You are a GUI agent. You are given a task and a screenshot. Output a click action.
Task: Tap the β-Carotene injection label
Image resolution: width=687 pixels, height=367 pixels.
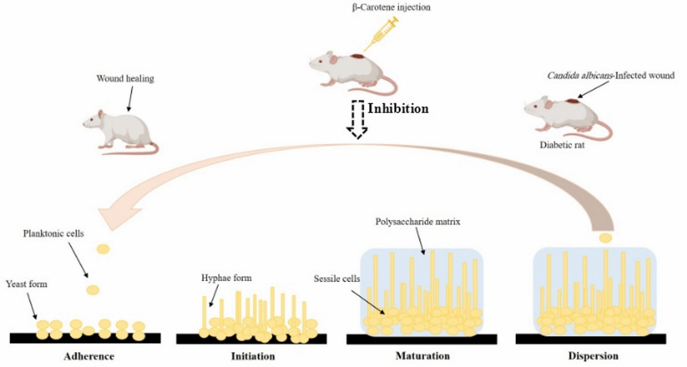(391, 8)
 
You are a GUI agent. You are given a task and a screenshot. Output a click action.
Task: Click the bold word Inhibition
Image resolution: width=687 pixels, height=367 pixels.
(398, 109)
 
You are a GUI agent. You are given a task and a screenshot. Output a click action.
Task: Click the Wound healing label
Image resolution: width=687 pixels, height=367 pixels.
(125, 78)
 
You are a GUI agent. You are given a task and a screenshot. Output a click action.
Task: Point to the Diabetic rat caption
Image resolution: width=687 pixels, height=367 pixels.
(562, 145)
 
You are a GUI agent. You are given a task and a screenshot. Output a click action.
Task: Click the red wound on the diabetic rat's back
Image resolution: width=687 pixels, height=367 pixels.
(571, 101)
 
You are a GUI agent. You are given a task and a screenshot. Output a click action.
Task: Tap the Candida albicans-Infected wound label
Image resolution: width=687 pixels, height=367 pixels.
(610, 76)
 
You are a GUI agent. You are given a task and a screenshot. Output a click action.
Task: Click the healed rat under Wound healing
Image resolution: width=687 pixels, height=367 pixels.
(120, 131)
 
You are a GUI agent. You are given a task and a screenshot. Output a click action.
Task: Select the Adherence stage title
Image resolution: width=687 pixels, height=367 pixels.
(89, 356)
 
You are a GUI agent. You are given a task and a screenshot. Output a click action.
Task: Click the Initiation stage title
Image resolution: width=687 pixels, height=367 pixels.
(253, 356)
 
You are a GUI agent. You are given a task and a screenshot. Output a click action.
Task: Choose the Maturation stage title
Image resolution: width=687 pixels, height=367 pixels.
(423, 356)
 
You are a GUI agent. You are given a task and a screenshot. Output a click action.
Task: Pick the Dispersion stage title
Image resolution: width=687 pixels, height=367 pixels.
(593, 356)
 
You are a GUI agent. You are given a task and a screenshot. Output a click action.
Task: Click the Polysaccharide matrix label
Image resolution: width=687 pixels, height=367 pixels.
(418, 222)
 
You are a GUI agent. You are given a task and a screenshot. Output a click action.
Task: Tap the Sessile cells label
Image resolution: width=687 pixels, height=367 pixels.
(337, 279)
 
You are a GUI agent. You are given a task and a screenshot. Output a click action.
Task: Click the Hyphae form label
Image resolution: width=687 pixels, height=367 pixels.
(226, 278)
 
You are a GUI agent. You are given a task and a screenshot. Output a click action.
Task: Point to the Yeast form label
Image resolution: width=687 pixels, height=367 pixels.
(26, 284)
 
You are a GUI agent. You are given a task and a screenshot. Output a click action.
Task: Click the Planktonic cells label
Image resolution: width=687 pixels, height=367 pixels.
(53, 234)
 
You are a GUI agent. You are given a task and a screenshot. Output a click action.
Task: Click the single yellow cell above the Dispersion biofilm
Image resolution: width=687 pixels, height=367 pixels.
(605, 238)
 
